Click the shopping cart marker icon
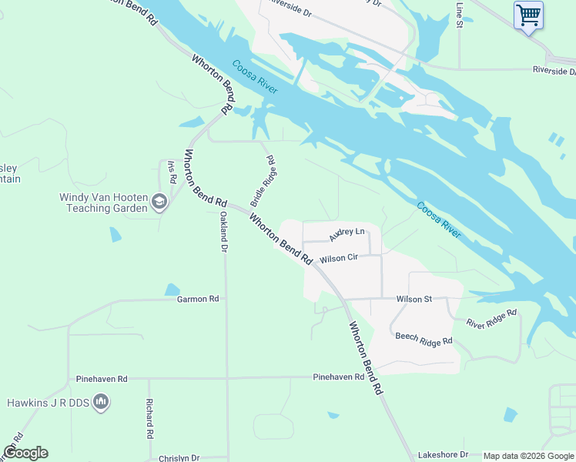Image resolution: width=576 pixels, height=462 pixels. (x=528, y=15)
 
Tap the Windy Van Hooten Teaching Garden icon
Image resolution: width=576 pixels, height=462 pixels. (x=159, y=203)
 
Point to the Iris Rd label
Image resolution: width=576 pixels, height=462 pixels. (x=172, y=172)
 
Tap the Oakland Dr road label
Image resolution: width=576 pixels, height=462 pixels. (x=223, y=232)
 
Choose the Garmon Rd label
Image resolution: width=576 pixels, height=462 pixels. (x=198, y=299)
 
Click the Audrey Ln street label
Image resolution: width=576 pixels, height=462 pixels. (x=346, y=232)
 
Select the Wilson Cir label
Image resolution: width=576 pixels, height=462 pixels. (x=340, y=259)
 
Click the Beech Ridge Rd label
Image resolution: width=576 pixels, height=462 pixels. (x=424, y=339)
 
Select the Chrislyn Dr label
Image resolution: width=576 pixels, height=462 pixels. (x=179, y=458)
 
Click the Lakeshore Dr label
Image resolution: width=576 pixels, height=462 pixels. (x=443, y=455)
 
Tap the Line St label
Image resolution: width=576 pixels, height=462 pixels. (x=460, y=15)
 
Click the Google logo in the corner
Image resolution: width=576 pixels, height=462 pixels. (x=25, y=453)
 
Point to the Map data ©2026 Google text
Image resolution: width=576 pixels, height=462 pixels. (x=527, y=456)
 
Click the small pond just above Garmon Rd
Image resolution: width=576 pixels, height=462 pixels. (x=172, y=290)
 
